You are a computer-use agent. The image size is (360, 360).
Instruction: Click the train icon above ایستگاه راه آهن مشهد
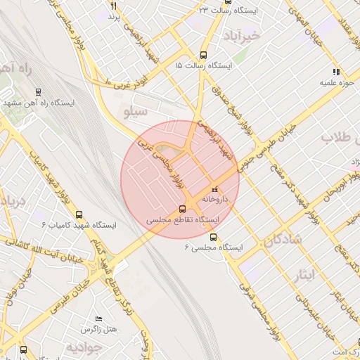click(38, 91)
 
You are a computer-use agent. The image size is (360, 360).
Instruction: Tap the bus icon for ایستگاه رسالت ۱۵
click(204, 55)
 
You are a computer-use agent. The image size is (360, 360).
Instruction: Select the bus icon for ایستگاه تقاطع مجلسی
click(183, 209)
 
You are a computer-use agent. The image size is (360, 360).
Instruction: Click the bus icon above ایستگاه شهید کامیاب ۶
click(78, 214)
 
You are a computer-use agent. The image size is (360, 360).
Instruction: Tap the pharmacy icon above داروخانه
click(214, 188)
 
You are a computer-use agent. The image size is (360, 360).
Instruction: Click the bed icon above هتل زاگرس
click(98, 319)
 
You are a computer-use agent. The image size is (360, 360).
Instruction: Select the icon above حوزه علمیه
click(336, 72)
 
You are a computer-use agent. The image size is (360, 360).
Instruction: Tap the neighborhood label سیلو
click(135, 111)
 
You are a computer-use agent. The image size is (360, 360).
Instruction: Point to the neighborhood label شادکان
click(283, 240)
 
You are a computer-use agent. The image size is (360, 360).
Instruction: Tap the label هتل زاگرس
click(98, 329)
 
